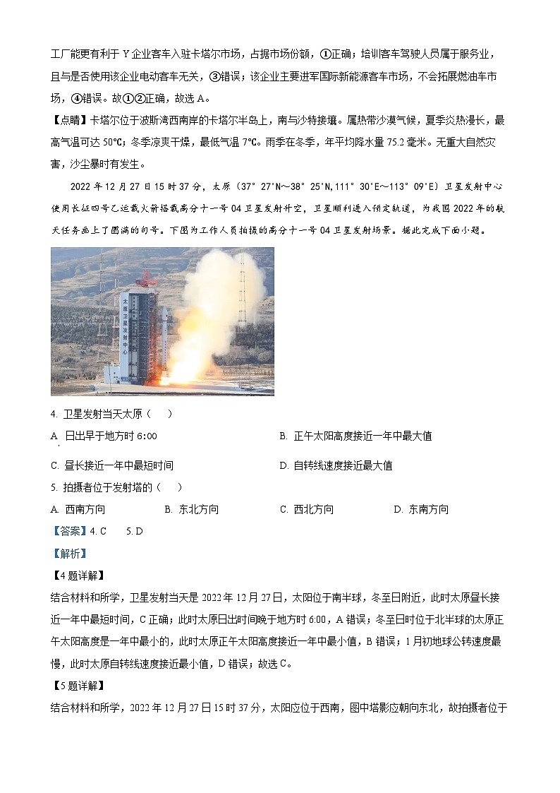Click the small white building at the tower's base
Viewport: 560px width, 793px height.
(x=112, y=374)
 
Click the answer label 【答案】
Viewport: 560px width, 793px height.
(x=69, y=531)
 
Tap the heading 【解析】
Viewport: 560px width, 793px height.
(x=69, y=554)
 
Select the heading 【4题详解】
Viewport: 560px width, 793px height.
(x=78, y=576)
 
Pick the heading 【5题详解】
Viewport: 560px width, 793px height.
(x=78, y=686)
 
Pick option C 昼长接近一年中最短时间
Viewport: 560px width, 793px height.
(x=112, y=465)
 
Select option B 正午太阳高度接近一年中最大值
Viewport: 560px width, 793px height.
(x=355, y=436)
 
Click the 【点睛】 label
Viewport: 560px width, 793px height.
(x=69, y=120)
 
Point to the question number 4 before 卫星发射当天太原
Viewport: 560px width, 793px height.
(x=54, y=415)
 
